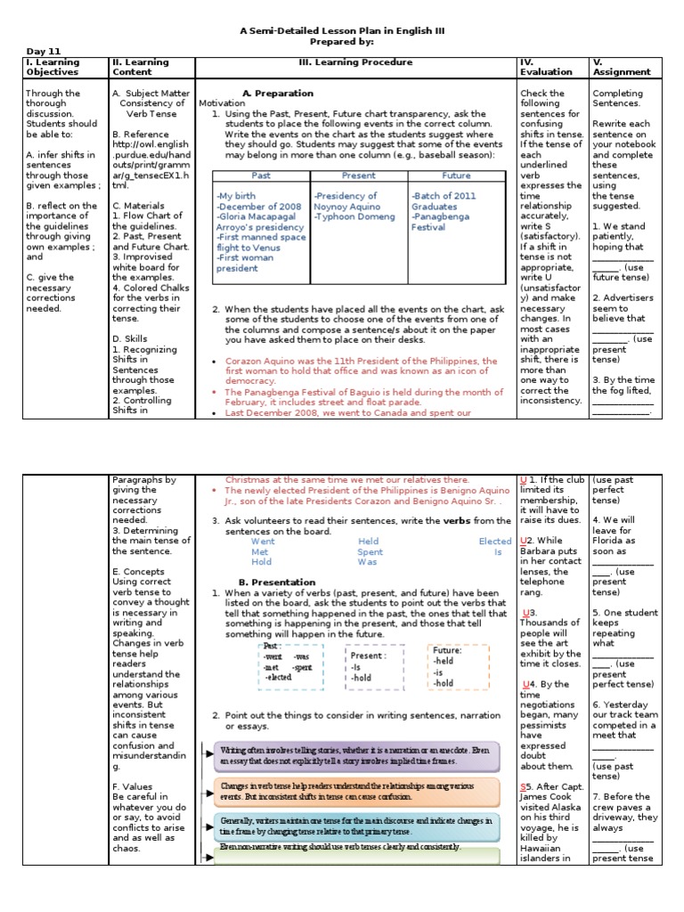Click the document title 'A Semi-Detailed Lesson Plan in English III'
342,30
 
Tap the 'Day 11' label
43,52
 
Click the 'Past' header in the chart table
261,175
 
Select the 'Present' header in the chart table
358,175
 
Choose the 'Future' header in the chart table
457,175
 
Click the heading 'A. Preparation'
277,93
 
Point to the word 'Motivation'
222,103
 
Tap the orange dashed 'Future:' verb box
458,667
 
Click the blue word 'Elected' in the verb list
494,541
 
